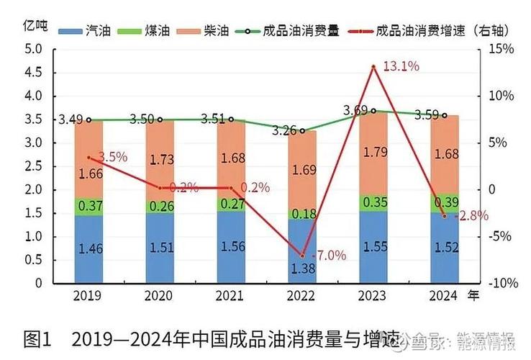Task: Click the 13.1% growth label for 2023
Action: pos(401,66)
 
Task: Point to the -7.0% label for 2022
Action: pos(328,255)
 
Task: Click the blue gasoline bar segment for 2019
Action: pos(89,248)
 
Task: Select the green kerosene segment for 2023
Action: pos(373,202)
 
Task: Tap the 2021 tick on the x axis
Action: pos(231,295)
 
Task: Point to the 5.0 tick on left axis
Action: pos(32,49)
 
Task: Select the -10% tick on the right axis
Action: pos(501,283)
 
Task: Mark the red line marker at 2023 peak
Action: pos(373,67)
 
